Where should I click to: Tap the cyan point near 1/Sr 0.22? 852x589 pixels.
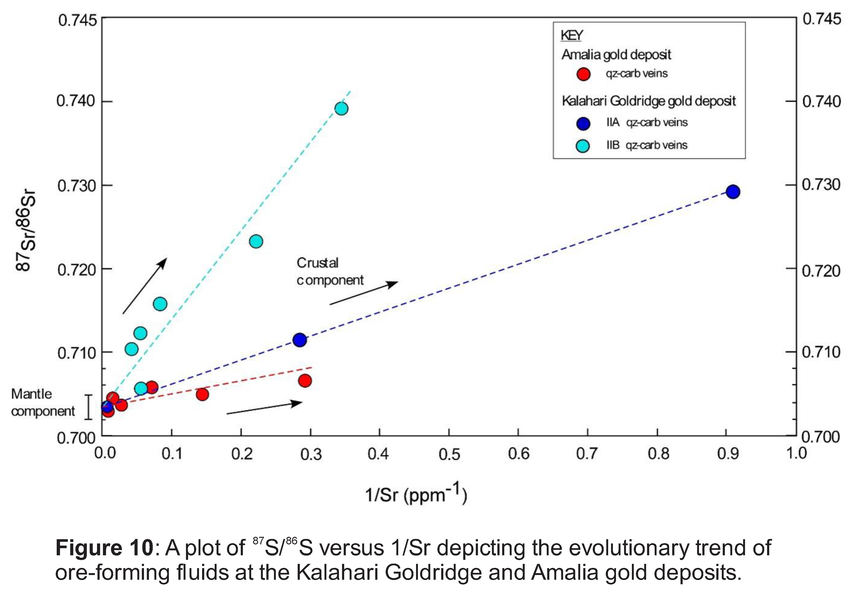click(x=256, y=241)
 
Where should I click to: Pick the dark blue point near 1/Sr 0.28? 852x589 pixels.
click(x=300, y=339)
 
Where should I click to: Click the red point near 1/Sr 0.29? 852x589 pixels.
click(x=305, y=380)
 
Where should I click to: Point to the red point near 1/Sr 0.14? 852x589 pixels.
click(x=202, y=394)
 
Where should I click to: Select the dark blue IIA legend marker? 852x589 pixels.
click(x=583, y=123)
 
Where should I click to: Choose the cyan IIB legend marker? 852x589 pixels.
click(x=583, y=146)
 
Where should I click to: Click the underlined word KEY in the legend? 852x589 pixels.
click(x=572, y=35)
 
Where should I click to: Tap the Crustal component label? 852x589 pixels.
click(x=329, y=271)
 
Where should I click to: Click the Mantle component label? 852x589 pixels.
click(x=42, y=403)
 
